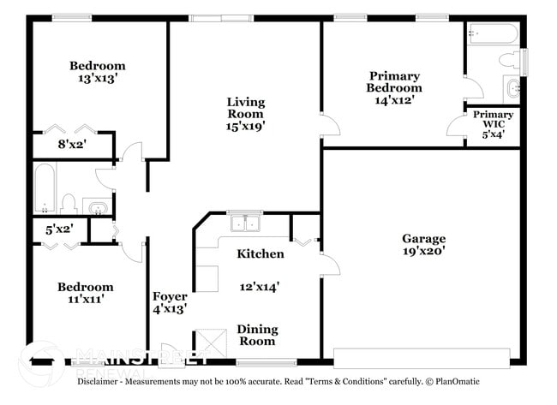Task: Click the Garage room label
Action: pos(423,238)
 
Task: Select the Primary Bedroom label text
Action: pos(393,81)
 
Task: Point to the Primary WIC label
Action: pos(493,115)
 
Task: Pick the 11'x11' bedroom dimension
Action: pos(85,300)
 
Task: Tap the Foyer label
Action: pos(170,296)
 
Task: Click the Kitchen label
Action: pos(260,253)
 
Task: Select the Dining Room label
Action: pos(256,334)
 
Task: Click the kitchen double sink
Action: pos(246,223)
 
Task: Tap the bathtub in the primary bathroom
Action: pos(493,35)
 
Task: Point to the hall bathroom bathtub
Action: pos(44,188)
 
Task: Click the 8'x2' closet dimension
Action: pos(72,145)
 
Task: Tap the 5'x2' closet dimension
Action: pos(59,229)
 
